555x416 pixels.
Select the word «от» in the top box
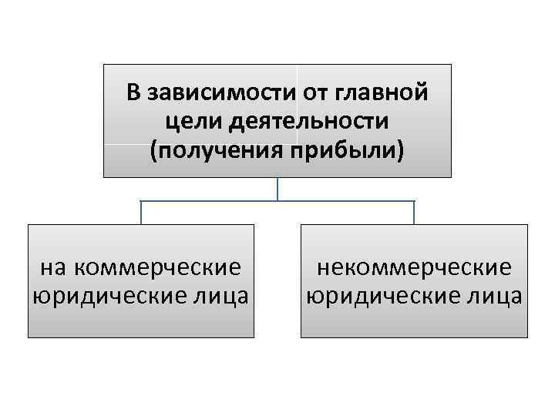(x=314, y=95)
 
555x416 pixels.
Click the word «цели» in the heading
(x=190, y=121)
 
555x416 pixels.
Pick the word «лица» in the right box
(x=494, y=296)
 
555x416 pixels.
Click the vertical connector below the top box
(x=277, y=190)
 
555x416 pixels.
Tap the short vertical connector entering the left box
(x=141, y=213)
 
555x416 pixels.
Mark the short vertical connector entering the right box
(x=414, y=213)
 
